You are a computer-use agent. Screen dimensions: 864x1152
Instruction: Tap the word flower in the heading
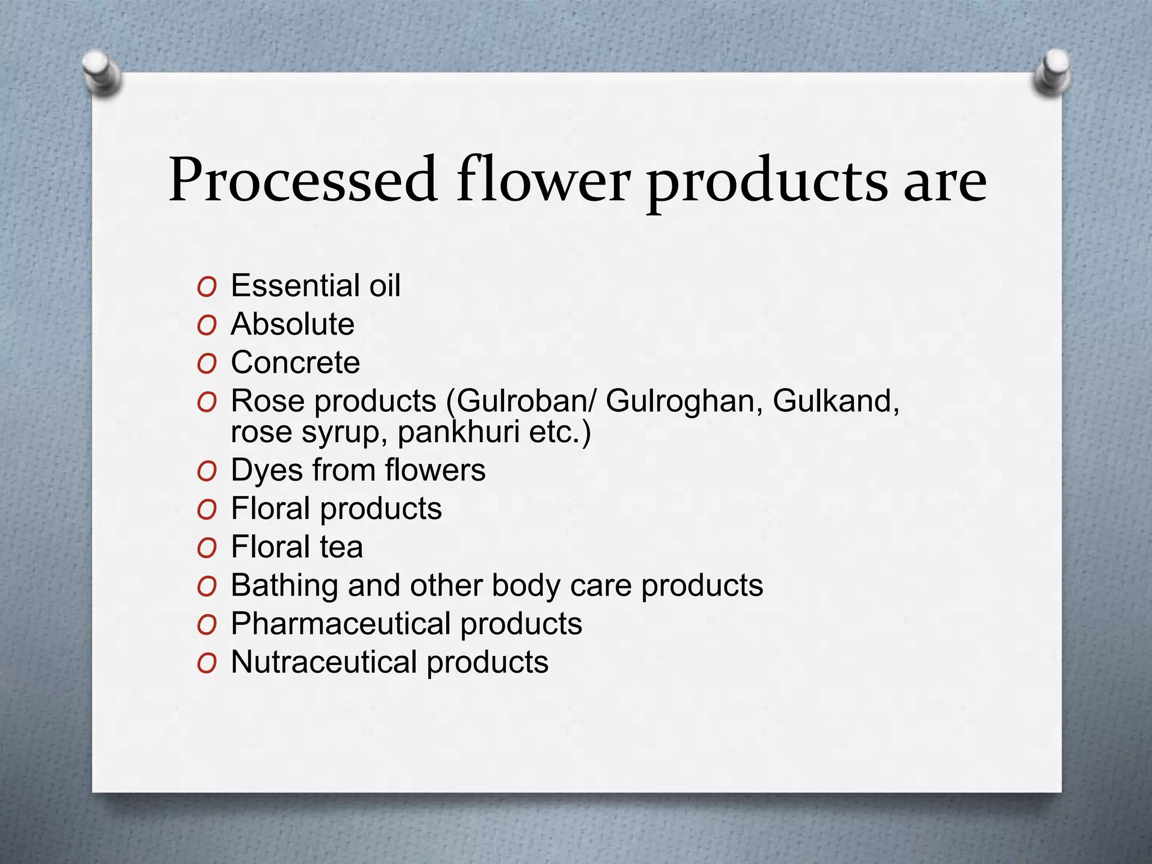click(543, 180)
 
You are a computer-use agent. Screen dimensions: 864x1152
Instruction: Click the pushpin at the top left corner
click(101, 73)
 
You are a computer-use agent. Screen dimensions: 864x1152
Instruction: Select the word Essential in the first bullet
click(295, 286)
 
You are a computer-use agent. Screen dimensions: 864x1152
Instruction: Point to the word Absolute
click(292, 324)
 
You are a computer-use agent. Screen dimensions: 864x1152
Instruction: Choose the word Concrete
click(295, 362)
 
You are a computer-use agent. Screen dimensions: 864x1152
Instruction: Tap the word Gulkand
click(836, 402)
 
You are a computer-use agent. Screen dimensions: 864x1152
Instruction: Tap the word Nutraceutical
click(324, 662)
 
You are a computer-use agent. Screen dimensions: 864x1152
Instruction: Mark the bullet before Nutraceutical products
click(207, 664)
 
